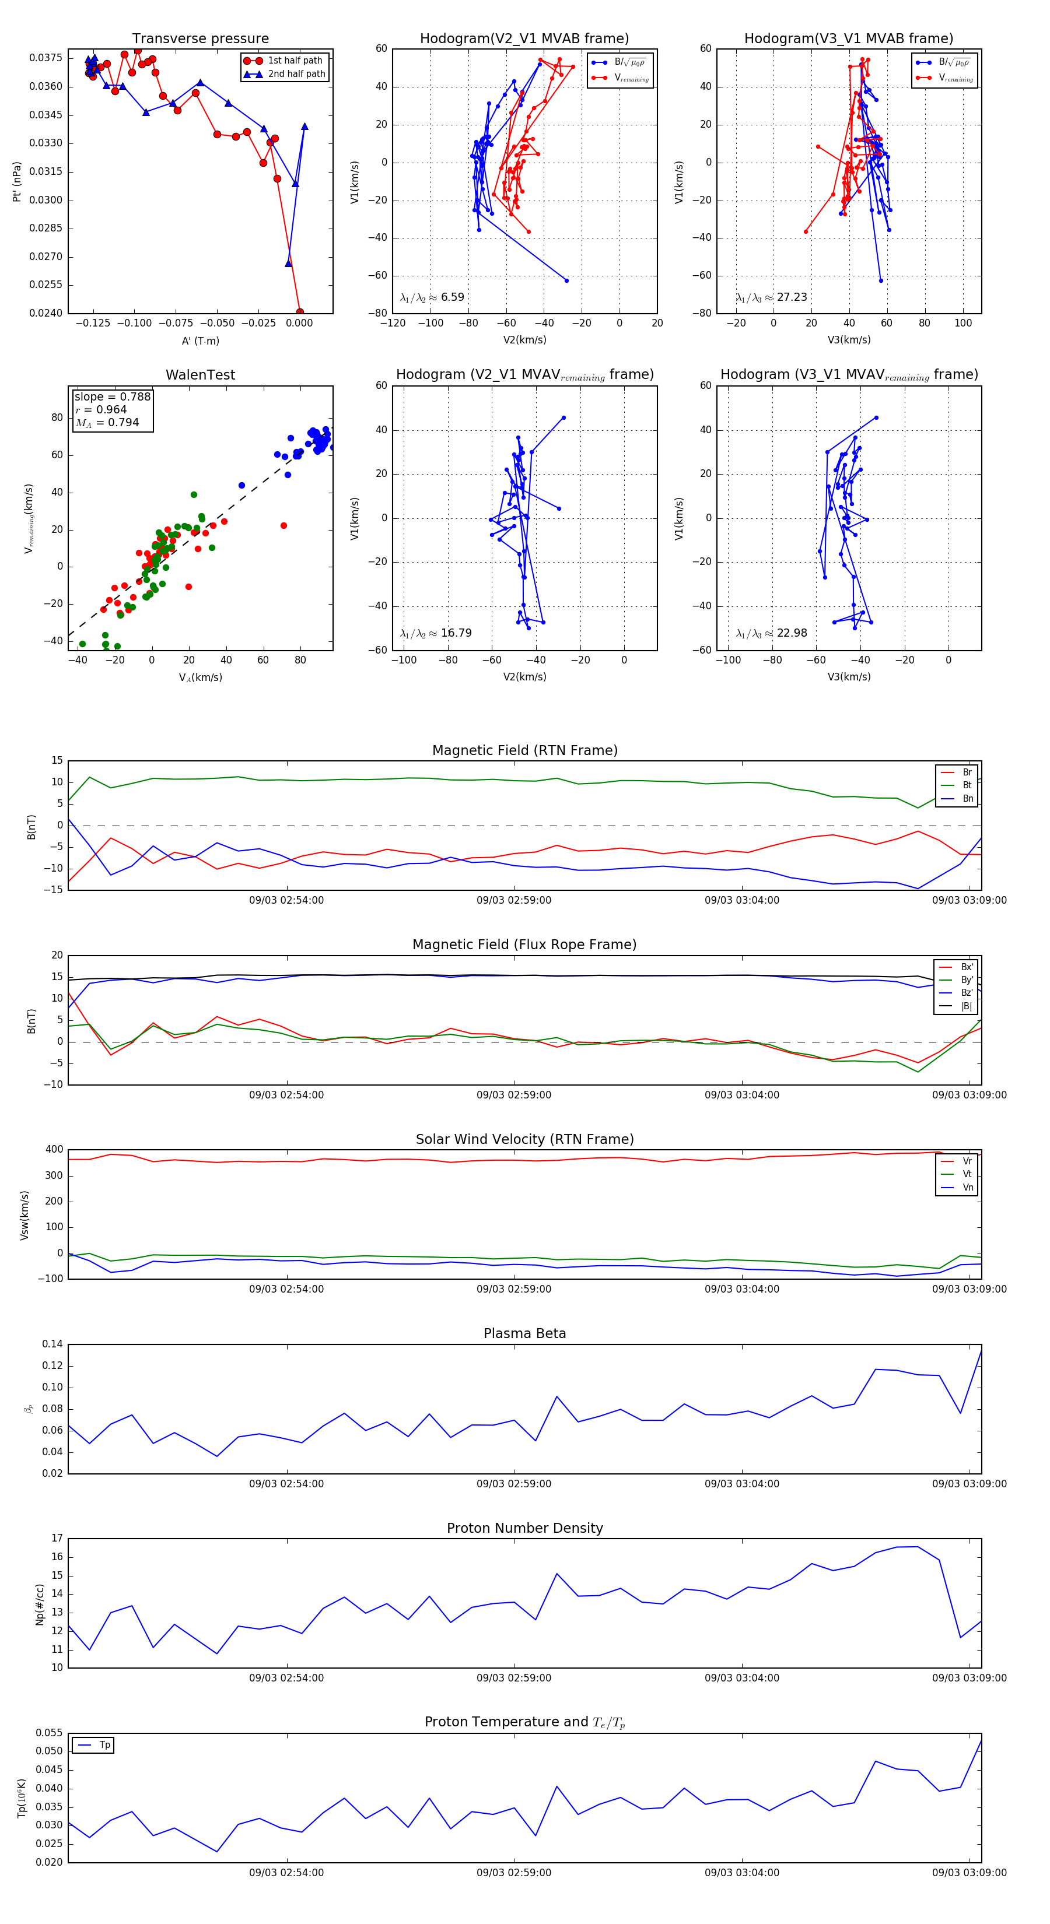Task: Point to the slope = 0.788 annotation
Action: pos(112,396)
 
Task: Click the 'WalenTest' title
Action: pos(200,375)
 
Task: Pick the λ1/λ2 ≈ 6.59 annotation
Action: pos(432,297)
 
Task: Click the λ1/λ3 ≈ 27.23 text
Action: pos(771,297)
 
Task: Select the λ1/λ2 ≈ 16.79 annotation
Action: pos(436,633)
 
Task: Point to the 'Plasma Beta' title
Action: pos(524,1333)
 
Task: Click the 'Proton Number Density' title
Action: pos(524,1528)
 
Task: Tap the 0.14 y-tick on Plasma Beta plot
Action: pos(52,1344)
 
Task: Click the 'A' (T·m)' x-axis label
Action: pos(200,340)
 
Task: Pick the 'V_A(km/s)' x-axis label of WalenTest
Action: pos(200,677)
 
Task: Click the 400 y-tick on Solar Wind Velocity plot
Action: pos(55,1150)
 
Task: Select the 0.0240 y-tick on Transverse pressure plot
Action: pos(45,313)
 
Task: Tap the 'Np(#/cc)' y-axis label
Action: pos(40,1604)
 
